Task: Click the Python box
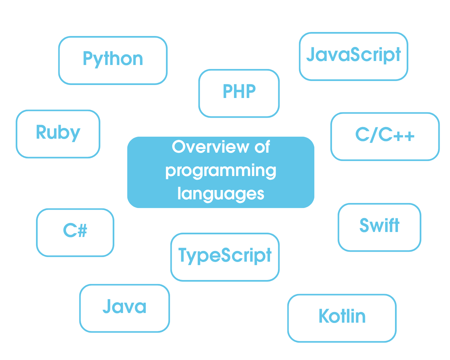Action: [x=113, y=60]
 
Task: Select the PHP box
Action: [x=239, y=93]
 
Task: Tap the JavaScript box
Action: [x=354, y=56]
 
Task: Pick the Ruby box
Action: [x=58, y=134]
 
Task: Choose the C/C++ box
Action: [x=385, y=137]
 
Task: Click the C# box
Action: [x=75, y=233]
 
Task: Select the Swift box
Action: [x=379, y=227]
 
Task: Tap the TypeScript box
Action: [x=225, y=257]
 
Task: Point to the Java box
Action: [x=124, y=308]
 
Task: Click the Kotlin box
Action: [x=342, y=318]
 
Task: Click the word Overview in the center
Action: [x=211, y=147]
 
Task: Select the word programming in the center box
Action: [x=221, y=171]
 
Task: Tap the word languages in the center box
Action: [x=221, y=194]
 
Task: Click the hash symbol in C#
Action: [x=83, y=230]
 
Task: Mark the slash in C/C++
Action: [x=374, y=135]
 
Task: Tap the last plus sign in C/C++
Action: [x=409, y=136]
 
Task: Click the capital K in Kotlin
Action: [x=325, y=316]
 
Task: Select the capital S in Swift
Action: [x=364, y=225]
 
